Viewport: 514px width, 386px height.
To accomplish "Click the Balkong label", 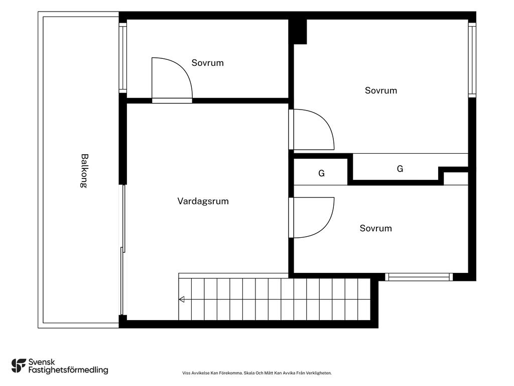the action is (84, 171).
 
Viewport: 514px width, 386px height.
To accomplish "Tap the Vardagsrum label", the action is (203, 201).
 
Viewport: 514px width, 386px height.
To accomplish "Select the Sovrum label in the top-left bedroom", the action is (207, 63).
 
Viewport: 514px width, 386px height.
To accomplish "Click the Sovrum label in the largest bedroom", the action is (381, 90).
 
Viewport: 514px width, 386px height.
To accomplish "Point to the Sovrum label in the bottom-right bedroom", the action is (375, 228).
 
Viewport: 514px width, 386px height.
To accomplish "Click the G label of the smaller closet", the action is (321, 173).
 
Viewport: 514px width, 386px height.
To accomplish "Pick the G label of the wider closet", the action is (400, 169).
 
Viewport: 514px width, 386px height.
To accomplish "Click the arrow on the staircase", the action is (181, 300).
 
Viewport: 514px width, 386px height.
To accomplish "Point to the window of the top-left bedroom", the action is (122, 58).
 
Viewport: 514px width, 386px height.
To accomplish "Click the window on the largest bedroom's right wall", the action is (472, 60).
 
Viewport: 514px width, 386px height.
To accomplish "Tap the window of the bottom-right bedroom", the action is (419, 277).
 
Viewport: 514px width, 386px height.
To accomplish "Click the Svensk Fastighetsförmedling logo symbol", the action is (19, 366).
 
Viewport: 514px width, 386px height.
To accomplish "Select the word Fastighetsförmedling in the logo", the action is (68, 370).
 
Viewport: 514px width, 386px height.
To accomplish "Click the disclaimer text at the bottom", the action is (257, 373).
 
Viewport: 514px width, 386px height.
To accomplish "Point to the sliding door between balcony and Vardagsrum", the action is (122, 250).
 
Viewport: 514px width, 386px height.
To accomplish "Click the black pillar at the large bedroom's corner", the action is (298, 32).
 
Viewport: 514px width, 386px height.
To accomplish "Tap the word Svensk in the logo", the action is (42, 362).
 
